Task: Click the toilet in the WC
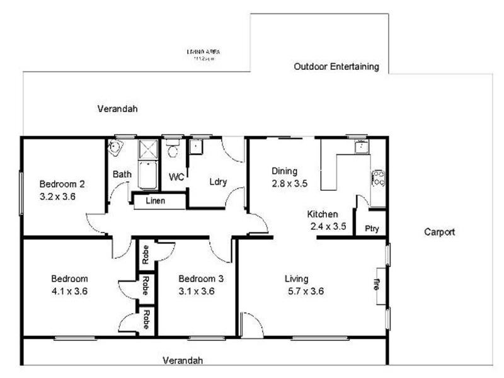tap(173, 151)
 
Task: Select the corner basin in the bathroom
tap(114, 148)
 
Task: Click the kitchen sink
tap(361, 147)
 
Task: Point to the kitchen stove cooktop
tap(378, 178)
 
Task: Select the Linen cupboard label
tap(156, 201)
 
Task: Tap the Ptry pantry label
tap(372, 229)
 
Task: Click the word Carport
tap(439, 232)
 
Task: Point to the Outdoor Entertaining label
tap(336, 66)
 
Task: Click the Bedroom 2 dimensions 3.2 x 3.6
tap(57, 195)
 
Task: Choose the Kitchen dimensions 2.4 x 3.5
tap(328, 226)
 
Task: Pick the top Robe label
tap(145, 254)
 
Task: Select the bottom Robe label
tap(145, 319)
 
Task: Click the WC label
tap(177, 178)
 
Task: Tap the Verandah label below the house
tap(183, 361)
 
